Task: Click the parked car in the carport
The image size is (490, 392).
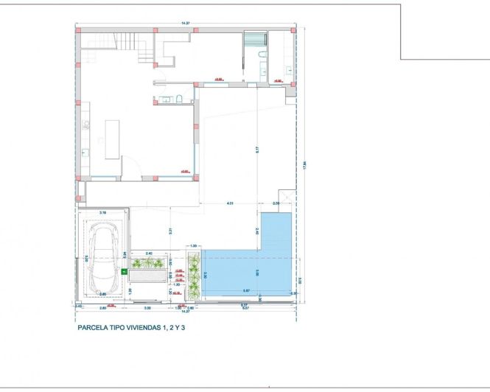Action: tap(104, 253)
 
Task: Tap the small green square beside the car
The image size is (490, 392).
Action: tap(124, 271)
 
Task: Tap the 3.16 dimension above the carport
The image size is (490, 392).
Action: tap(102, 212)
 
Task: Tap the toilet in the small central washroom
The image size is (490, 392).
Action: tap(179, 99)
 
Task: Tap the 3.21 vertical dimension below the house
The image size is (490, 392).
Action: tap(169, 231)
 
